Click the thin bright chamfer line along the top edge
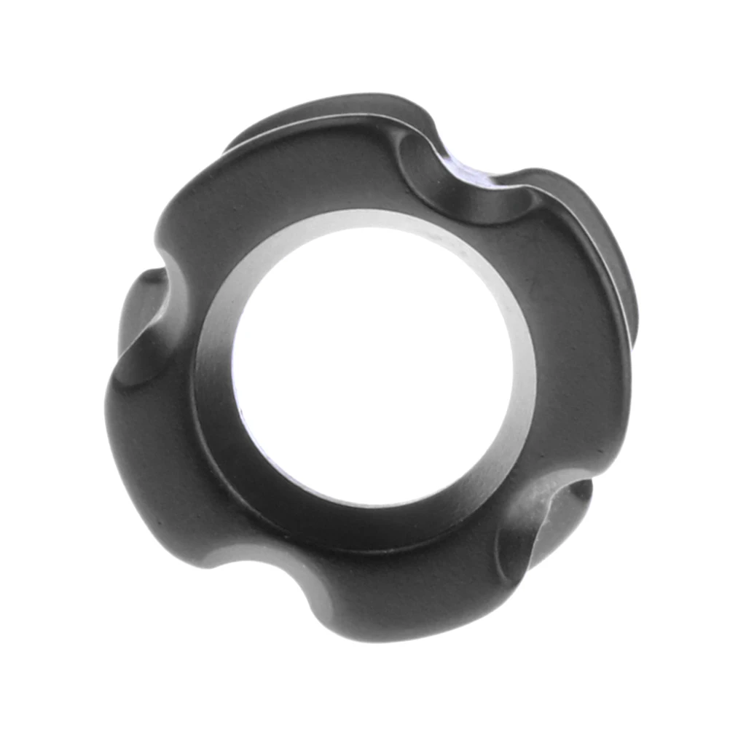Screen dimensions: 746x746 [306, 127]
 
